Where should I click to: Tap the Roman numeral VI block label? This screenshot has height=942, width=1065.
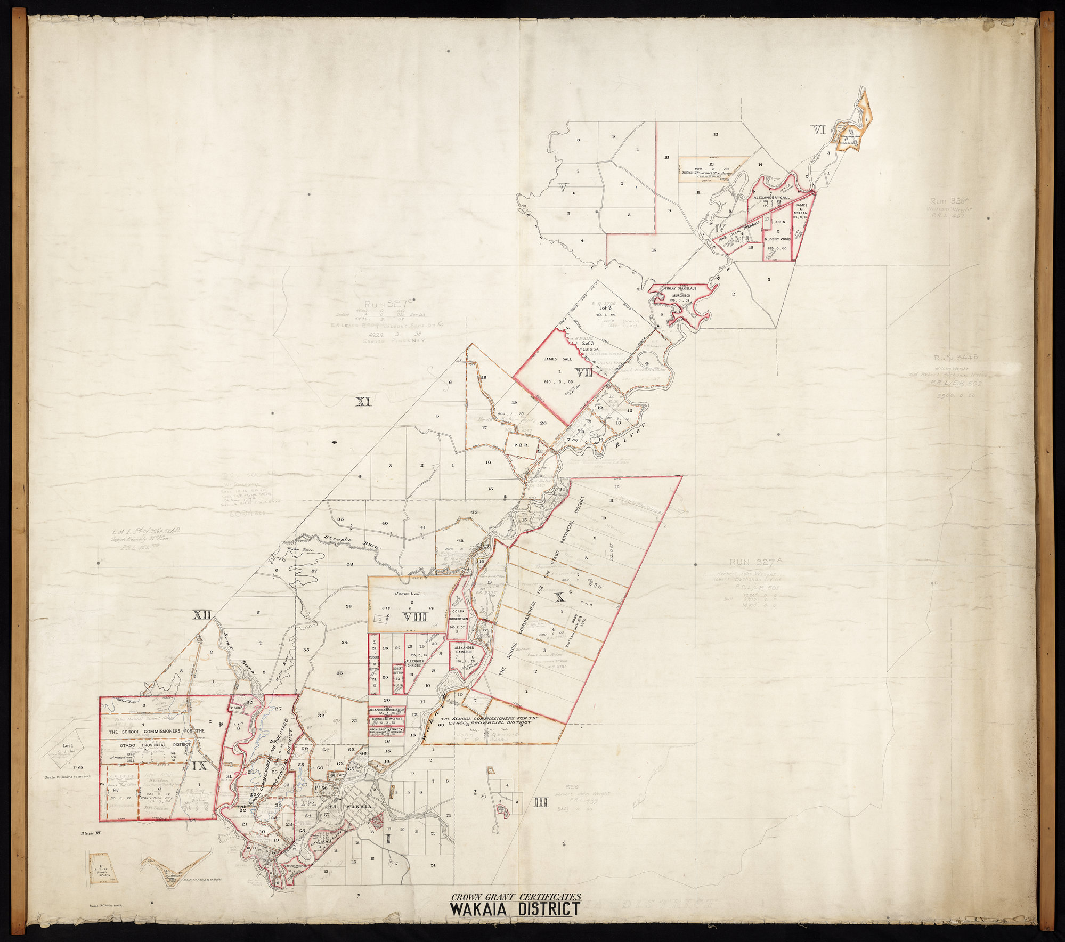818,129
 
